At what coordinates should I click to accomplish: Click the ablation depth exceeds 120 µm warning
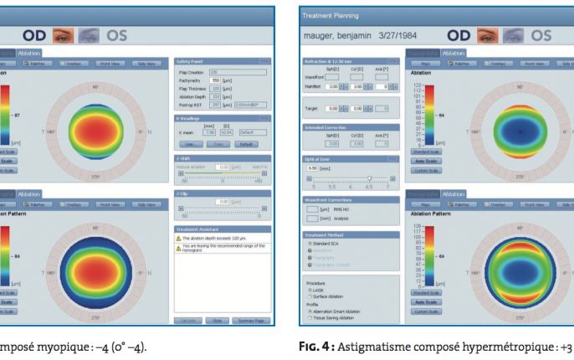click(214, 237)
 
